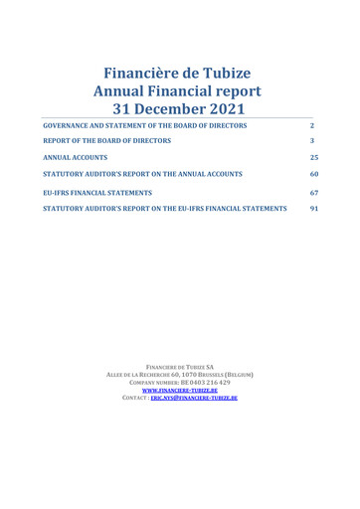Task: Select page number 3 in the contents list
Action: coord(312,141)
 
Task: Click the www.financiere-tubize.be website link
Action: coord(180,392)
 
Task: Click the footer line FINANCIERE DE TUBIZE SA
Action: coord(180,368)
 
